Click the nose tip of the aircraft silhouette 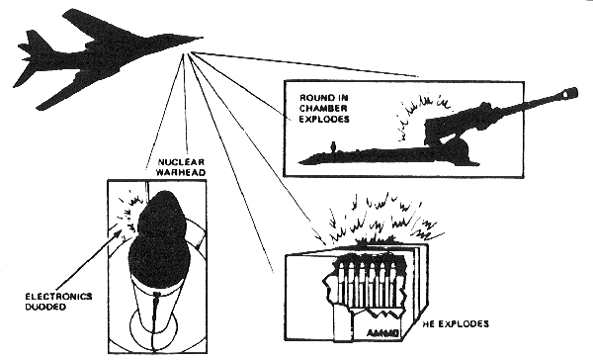coord(203,38)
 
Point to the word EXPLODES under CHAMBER coord(324,119)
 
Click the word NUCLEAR coord(181,162)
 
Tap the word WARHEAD coord(181,173)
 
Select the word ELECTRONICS coord(58,296)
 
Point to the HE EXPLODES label coord(456,324)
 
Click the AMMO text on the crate coord(382,333)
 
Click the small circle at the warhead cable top coord(156,294)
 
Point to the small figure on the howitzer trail coord(333,146)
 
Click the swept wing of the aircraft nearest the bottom coord(60,90)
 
